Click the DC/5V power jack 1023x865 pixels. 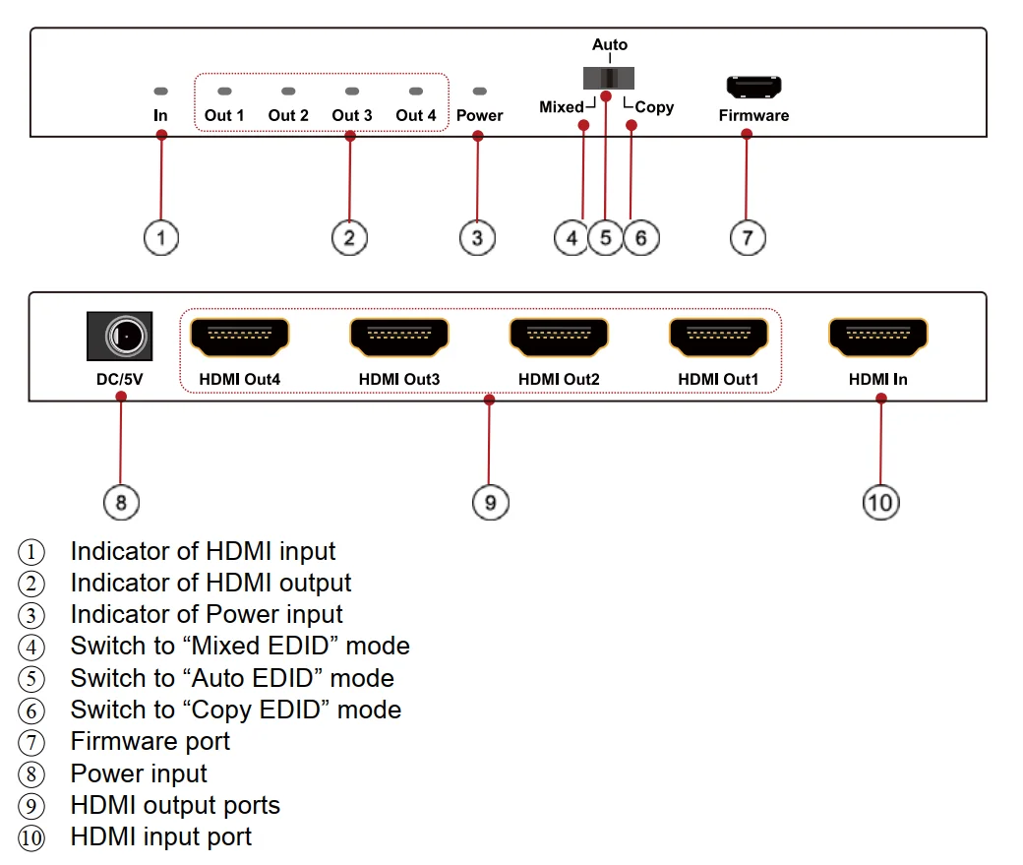click(119, 337)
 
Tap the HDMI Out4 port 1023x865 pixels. click(239, 338)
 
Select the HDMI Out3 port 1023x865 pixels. click(398, 338)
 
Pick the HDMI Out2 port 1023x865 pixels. click(559, 338)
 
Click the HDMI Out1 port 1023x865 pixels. click(718, 338)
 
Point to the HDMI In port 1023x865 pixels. click(877, 338)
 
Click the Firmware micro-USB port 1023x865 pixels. click(753, 87)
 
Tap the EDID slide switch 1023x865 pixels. click(609, 78)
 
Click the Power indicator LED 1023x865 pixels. click(479, 91)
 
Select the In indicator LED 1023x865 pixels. click(161, 91)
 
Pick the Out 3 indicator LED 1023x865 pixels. click(351, 91)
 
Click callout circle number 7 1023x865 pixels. click(748, 237)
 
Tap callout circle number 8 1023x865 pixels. click(121, 503)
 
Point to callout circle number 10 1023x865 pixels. click(880, 503)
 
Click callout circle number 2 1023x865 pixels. click(349, 237)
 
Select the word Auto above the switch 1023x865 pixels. click(609, 44)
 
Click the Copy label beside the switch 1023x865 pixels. click(654, 107)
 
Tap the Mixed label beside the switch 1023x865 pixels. click(562, 107)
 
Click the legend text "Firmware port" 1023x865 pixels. click(150, 741)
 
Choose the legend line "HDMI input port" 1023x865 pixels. click(160, 836)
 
